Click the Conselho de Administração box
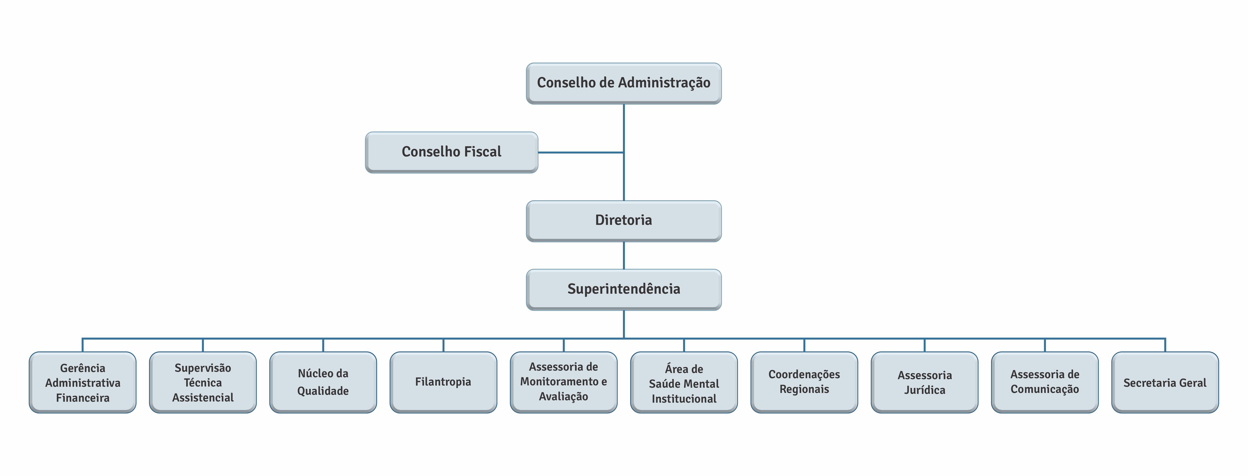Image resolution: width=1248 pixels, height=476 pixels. coord(623,83)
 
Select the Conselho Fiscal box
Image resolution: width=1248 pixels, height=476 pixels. coord(452,152)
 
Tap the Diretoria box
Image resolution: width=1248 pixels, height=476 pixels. coord(623,221)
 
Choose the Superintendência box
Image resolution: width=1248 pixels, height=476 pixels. coord(623,289)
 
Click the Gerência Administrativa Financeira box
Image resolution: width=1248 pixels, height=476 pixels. coord(82,382)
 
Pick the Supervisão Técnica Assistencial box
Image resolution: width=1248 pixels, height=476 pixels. coord(203,382)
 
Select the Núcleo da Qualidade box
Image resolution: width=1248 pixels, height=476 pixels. coord(323,382)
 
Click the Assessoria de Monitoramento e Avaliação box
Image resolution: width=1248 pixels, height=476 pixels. coord(563,382)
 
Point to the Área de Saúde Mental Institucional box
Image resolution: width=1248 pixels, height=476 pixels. coord(684,382)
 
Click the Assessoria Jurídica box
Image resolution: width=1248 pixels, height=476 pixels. coord(924,382)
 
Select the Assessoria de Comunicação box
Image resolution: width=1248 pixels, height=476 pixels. coord(1045,382)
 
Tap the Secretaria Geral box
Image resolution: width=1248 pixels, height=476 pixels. coord(1165,382)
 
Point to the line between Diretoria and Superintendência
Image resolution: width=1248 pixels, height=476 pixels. coord(623,255)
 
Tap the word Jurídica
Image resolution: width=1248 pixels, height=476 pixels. coord(924,390)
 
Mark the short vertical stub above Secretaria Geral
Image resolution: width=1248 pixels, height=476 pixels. coord(1165,345)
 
